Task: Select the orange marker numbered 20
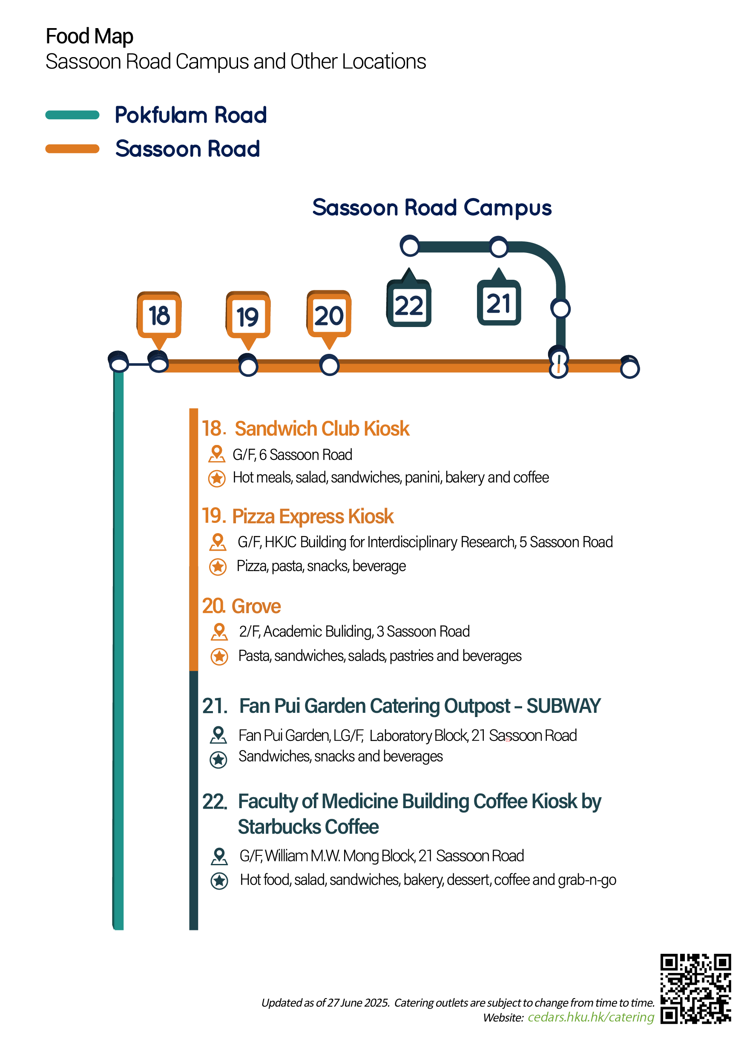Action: [329, 318]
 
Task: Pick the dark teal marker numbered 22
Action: [409, 299]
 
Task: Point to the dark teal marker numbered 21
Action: [499, 298]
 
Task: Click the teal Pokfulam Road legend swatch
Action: [72, 115]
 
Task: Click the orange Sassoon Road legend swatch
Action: [72, 149]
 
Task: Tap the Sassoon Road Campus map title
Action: [432, 208]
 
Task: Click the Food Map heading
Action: [90, 37]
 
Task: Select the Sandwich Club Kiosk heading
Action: [322, 429]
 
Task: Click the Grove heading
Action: [256, 606]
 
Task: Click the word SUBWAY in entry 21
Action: [563, 706]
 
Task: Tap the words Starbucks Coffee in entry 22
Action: [308, 827]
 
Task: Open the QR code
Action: [695, 989]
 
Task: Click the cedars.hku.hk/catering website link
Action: [591, 1017]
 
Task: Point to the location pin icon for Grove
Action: [219, 632]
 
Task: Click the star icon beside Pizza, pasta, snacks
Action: [218, 567]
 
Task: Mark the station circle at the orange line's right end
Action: [630, 367]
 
